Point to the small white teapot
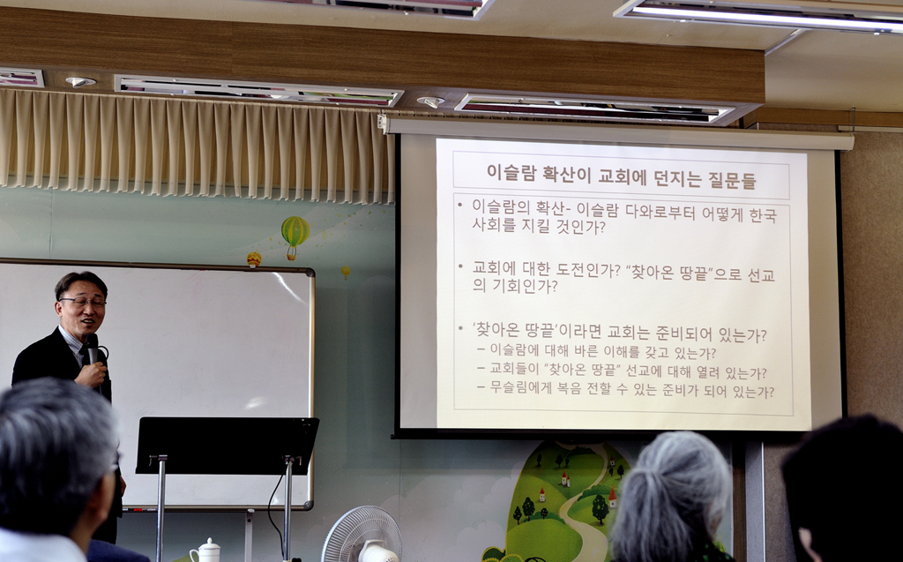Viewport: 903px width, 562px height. click(205, 551)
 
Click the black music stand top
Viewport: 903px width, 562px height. click(227, 446)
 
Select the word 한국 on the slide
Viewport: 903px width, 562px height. click(763, 214)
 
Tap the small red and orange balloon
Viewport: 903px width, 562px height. click(254, 259)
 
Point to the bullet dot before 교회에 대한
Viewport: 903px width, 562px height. click(460, 266)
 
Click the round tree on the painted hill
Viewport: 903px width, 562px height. click(600, 508)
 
